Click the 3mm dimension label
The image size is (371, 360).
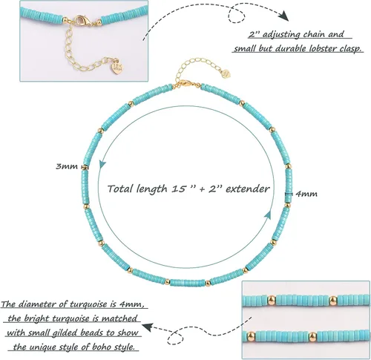point(67,166)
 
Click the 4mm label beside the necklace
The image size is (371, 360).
point(306,194)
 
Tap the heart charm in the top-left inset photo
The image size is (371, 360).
point(116,67)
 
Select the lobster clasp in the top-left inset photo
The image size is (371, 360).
point(81,20)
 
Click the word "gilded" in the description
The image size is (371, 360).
point(62,333)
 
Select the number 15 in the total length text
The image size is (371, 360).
point(179,189)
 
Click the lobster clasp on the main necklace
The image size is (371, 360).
point(183,85)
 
